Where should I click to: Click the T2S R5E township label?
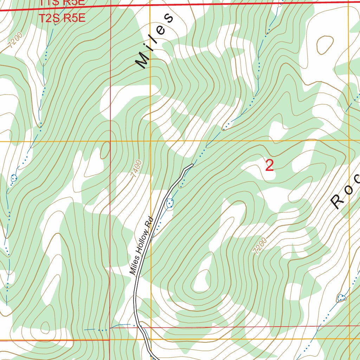pos(62,18)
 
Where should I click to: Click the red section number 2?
pos(269,166)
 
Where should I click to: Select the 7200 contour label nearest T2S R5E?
pos(16,40)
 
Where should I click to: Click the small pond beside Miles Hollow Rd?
pos(170,203)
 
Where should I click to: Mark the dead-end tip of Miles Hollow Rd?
pos(192,165)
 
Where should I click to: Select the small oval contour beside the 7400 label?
pos(105,150)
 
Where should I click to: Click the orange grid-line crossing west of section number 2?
pos(150,141)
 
